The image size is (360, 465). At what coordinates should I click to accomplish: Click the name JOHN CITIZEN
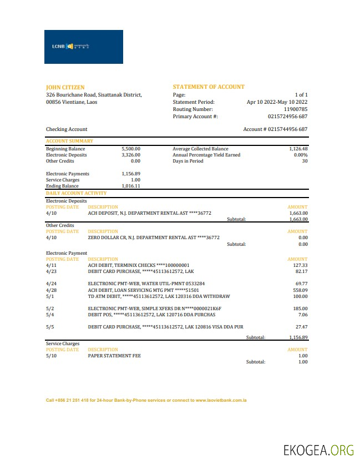[x=65, y=87]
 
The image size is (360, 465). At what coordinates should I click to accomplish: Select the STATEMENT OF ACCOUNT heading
[x=209, y=87]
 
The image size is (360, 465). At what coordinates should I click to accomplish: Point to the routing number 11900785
[x=296, y=109]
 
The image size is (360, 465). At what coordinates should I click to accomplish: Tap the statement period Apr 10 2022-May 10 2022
[x=277, y=102]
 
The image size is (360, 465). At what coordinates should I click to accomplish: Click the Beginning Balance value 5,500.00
[x=131, y=149]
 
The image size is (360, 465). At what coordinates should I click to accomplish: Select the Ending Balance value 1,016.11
[x=131, y=186]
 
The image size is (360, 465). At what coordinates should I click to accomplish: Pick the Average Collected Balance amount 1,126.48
[x=298, y=149]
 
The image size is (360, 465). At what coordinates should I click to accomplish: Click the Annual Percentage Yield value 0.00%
[x=300, y=155]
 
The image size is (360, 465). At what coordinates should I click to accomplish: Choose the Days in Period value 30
[x=305, y=161]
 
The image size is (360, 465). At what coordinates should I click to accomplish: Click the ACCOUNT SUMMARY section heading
[x=69, y=141]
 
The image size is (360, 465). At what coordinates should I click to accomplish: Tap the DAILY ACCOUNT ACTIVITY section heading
[x=76, y=193]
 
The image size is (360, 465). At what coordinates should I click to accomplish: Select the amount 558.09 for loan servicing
[x=300, y=290]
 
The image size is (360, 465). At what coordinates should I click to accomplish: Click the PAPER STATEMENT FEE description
[x=114, y=356]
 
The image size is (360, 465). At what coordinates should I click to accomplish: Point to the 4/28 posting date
[x=51, y=290]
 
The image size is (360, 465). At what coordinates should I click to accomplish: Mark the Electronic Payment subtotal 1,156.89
[x=298, y=337]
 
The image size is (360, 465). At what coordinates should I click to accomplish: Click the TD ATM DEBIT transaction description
[x=159, y=296]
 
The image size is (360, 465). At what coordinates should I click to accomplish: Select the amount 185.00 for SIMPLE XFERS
[x=300, y=308]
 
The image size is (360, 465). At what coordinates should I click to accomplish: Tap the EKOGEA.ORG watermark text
[x=318, y=450]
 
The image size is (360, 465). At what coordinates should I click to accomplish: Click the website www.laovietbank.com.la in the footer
[x=221, y=400]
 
